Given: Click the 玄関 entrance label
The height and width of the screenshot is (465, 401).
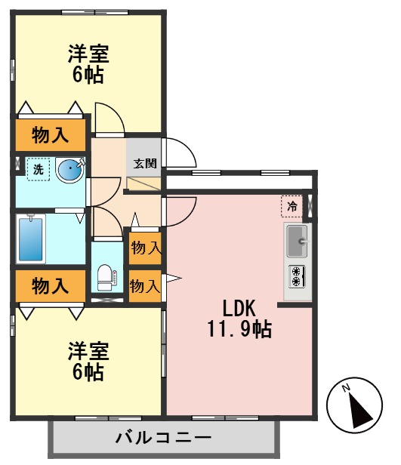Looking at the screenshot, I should pos(144,162).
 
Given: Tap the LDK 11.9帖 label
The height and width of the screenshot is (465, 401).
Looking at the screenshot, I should pos(240,318).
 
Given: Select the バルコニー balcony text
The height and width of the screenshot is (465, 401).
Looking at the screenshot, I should pos(163,437).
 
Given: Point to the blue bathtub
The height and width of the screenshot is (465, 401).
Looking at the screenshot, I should pos(32,239).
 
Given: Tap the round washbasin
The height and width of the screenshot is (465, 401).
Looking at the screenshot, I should pos(70,169).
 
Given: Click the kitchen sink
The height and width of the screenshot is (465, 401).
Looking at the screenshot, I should pos(298,242).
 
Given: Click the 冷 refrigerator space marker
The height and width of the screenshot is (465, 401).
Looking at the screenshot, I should pos(292,205).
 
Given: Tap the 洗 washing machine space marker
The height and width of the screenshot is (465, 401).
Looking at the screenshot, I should pos(35,169).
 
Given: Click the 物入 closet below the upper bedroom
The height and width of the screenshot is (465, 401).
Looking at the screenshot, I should pos(51,135).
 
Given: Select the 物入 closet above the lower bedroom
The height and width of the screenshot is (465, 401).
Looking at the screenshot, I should pos(51,285).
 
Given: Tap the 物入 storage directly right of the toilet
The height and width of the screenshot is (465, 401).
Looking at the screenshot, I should pos(144,285).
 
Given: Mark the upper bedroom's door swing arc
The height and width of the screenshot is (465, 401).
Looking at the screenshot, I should pos(110,117).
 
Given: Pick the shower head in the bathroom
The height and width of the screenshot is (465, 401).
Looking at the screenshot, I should pos(31,218).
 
